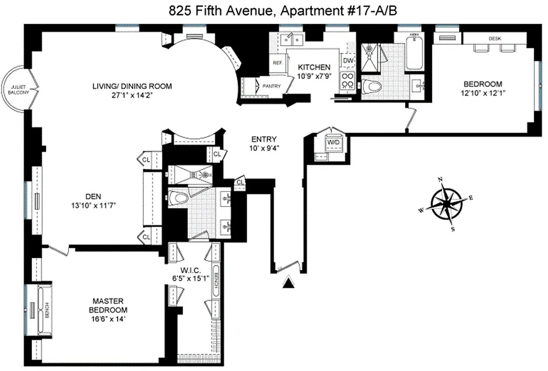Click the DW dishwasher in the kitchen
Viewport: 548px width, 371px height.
pos(348,60)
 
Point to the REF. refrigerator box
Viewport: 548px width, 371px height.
pos(278,63)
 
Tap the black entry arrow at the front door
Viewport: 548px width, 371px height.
pos(289,281)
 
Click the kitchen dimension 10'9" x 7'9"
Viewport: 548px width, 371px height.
pos(315,75)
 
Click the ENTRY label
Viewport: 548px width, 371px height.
pos(264,139)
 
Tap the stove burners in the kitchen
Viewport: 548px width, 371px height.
pos(348,81)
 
